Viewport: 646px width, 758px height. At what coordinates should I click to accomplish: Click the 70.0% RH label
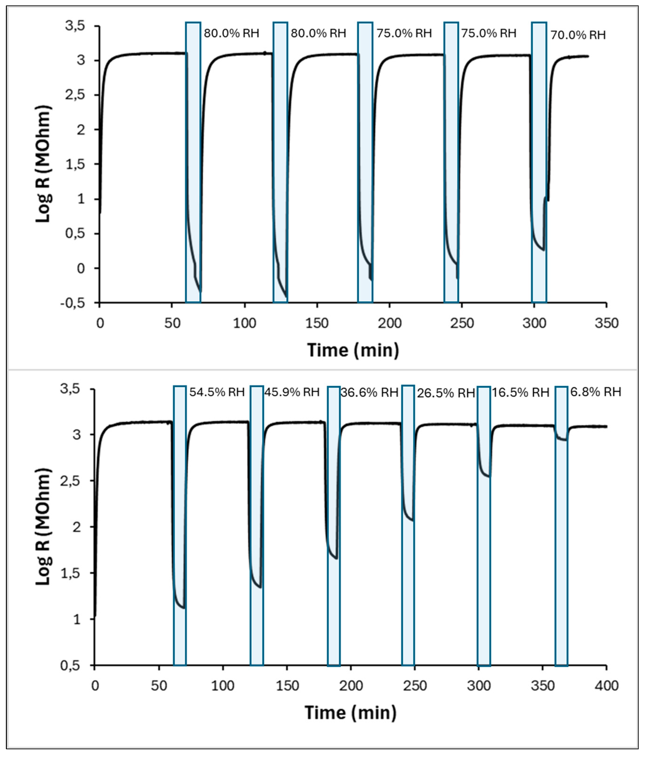[578, 35]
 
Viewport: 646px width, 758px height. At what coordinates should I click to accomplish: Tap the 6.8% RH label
[595, 392]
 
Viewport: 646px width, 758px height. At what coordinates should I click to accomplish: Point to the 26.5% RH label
[446, 393]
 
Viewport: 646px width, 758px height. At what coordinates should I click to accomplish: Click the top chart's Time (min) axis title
[353, 350]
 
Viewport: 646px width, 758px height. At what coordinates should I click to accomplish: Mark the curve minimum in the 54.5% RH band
[183, 608]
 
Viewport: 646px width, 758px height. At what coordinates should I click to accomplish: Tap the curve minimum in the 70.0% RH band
[543, 250]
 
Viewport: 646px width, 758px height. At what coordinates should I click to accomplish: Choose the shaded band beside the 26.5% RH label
[408, 527]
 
